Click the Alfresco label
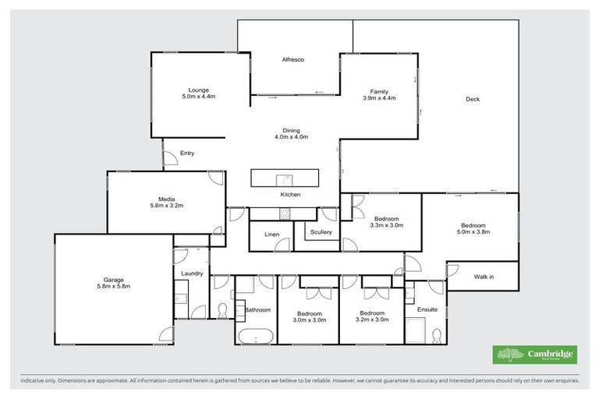pos(292,60)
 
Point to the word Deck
pos(473,99)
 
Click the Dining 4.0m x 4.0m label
pos(291,133)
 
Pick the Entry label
pos(187,154)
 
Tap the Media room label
pos(165,201)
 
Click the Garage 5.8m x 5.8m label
pos(113,283)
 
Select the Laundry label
pos(191,274)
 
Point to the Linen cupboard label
pos(272,234)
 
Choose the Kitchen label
pos(291,194)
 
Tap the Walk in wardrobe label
pos(484,276)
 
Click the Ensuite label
pos(427,309)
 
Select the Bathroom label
pos(258,310)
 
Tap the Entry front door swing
pos(169,158)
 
